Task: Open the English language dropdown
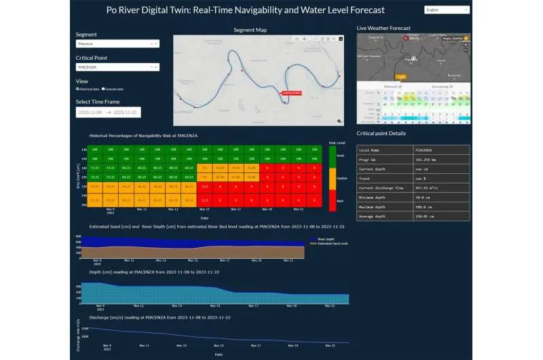click(446, 10)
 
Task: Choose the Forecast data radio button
click(103, 89)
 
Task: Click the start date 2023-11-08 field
click(90, 112)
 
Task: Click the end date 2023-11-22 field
click(125, 112)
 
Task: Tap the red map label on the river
click(290, 93)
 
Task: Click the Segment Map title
click(250, 30)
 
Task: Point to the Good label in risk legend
click(340, 156)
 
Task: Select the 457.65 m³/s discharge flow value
click(428, 186)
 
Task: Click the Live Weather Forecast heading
click(383, 28)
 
